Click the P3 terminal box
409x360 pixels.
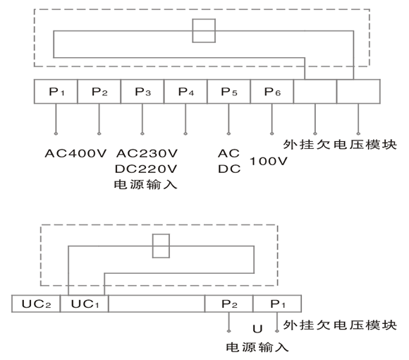pos(142,92)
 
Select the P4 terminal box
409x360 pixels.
pos(185,92)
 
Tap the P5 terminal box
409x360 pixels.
pos(228,92)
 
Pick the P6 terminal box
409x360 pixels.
pos(271,92)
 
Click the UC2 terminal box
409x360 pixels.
pos(36,304)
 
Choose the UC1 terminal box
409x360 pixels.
pos(84,304)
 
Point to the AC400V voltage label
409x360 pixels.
pos(74,153)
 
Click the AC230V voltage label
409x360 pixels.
pos(146,153)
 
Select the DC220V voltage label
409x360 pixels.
pos(146,169)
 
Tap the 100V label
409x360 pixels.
pos(269,162)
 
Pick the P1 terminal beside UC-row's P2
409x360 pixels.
pos(277,304)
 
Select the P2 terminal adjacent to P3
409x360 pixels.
pos(99,92)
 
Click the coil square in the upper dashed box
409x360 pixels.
pos(204,31)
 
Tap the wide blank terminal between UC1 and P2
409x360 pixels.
pos(156,304)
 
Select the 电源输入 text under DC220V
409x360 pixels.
pos(145,186)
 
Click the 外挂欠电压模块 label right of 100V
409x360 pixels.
pos(341,145)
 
